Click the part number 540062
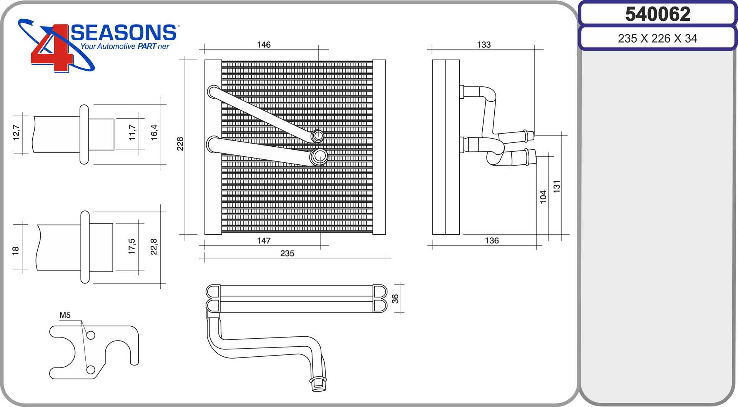(x=657, y=14)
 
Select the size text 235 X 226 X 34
(x=657, y=38)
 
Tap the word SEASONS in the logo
(x=123, y=33)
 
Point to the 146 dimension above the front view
(x=264, y=45)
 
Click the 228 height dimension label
(x=180, y=144)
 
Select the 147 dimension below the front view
(x=264, y=241)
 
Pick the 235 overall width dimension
(x=287, y=253)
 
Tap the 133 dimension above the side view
(x=484, y=45)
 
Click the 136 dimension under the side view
(x=492, y=241)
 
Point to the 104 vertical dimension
(x=543, y=197)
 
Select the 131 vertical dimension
(x=557, y=187)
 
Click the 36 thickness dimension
(x=395, y=299)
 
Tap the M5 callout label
(x=65, y=315)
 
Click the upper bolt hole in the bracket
(x=91, y=335)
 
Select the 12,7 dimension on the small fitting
(x=16, y=132)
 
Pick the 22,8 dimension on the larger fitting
(x=154, y=247)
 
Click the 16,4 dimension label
(x=154, y=132)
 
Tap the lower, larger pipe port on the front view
(x=319, y=156)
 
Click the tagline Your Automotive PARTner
(x=125, y=46)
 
